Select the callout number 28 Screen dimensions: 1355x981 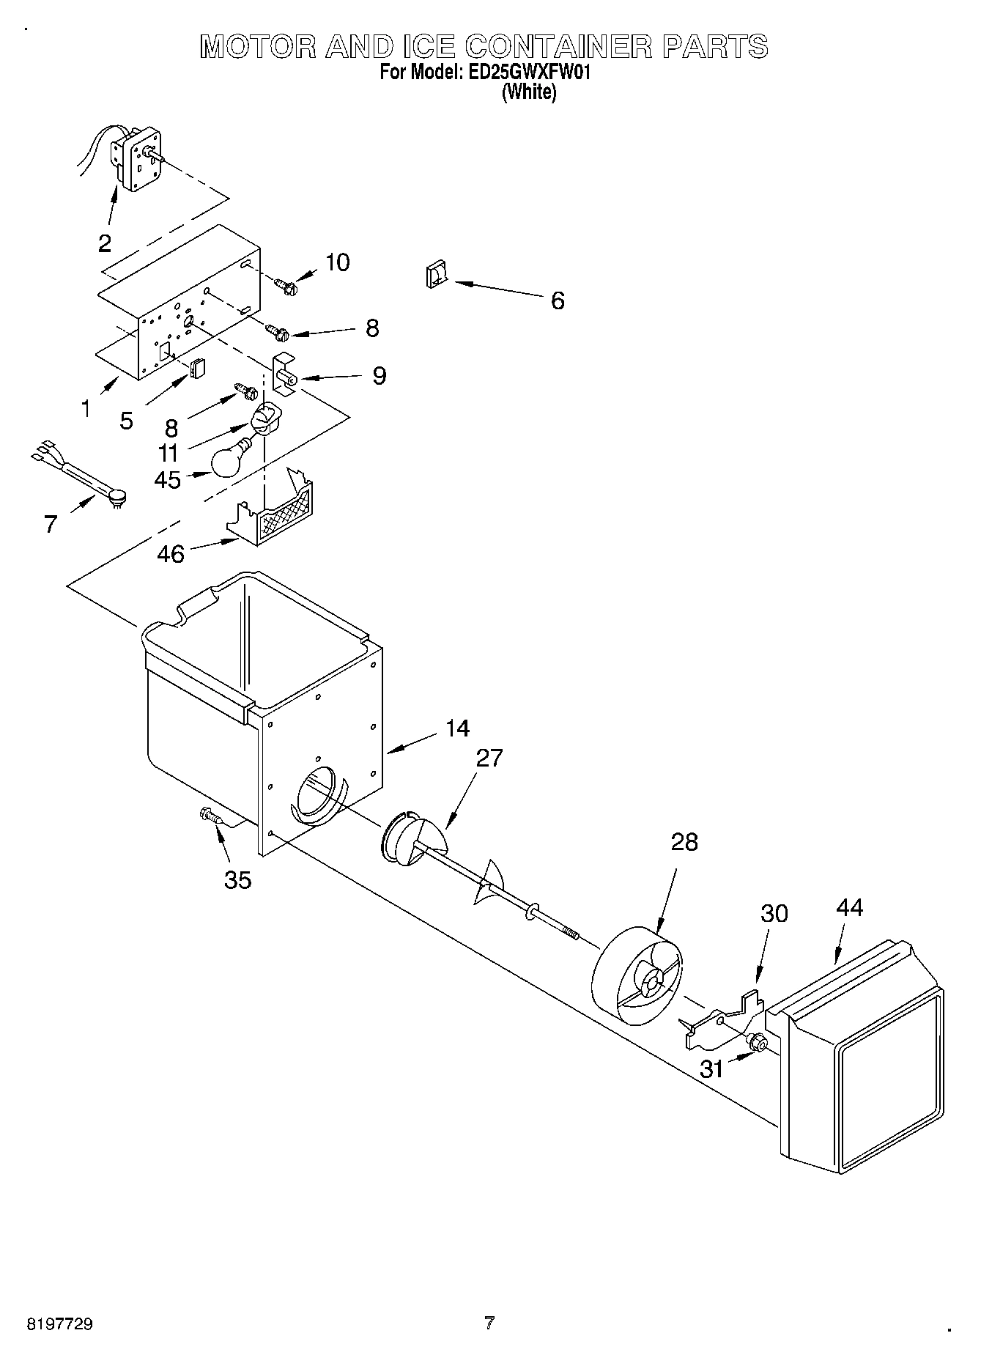click(684, 842)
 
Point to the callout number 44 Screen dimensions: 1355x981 click(849, 907)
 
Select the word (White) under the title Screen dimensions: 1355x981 click(528, 93)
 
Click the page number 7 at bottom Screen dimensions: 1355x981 click(489, 1323)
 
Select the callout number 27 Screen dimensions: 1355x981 click(489, 758)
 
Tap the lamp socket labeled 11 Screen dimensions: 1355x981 click(264, 421)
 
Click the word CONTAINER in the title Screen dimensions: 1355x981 click(559, 47)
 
